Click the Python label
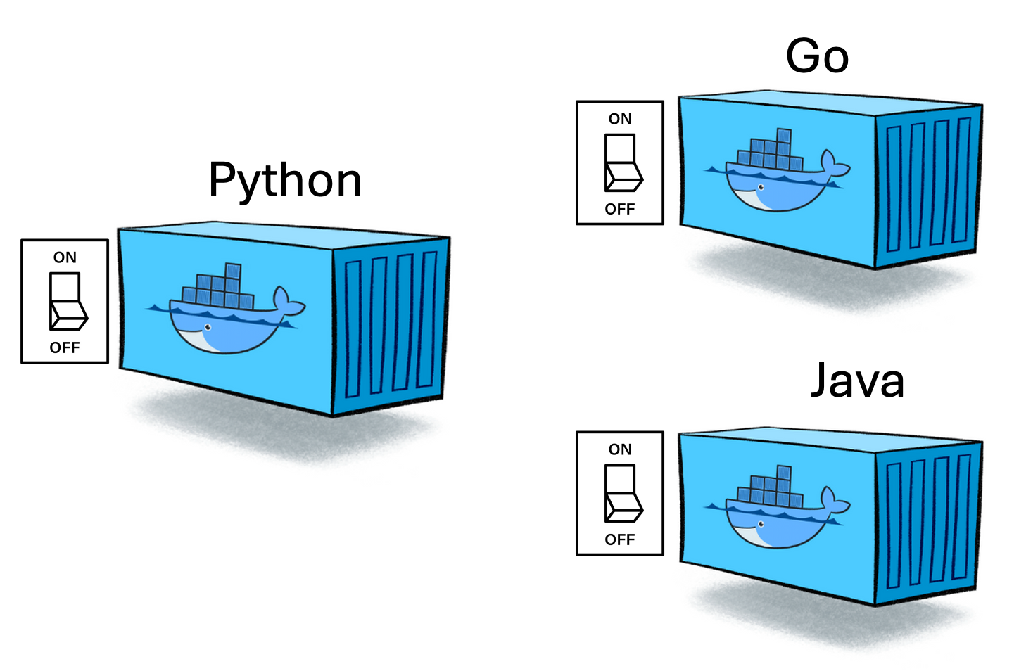pos(285,181)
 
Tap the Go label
pos(817,56)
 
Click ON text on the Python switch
pos(65,257)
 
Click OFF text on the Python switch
pos(65,347)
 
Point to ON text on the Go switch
pos(620,119)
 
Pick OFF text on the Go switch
pos(620,209)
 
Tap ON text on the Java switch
pos(620,449)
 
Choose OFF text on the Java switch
pos(620,539)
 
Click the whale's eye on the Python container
pos(208,328)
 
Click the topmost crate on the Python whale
pos(233,271)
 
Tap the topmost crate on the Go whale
pos(783,135)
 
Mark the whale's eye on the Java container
pos(761,524)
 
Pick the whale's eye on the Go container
pos(761,187)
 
